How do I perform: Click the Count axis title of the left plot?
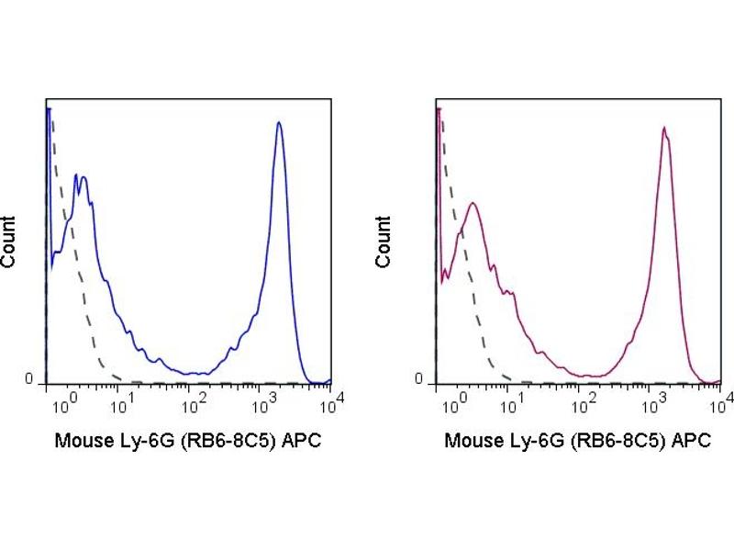pyautogui.click(x=9, y=242)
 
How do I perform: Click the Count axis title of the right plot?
pyautogui.click(x=383, y=242)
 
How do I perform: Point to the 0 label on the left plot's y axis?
pyautogui.click(x=29, y=379)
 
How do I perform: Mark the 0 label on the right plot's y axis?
pyautogui.click(x=418, y=379)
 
